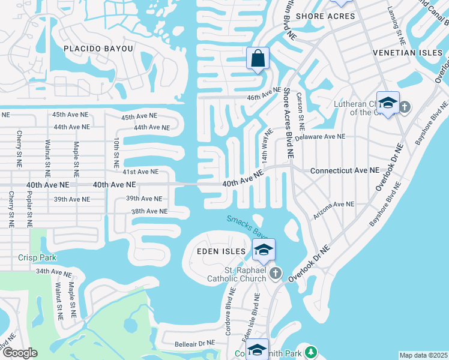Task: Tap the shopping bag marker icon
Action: pyautogui.click(x=258, y=59)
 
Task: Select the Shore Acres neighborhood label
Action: pyautogui.click(x=325, y=16)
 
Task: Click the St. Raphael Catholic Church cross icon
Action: pyautogui.click(x=276, y=274)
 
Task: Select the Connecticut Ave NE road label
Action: pyautogui.click(x=345, y=171)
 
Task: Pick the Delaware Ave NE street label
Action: pyautogui.click(x=321, y=137)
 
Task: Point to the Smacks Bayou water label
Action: pyautogui.click(x=247, y=226)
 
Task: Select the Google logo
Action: pyautogui.click(x=20, y=353)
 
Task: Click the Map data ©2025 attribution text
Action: pyautogui.click(x=423, y=356)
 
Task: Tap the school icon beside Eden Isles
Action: pyautogui.click(x=263, y=250)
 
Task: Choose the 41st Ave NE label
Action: pyautogui.click(x=140, y=172)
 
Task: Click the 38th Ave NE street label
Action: pyautogui.click(x=149, y=211)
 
